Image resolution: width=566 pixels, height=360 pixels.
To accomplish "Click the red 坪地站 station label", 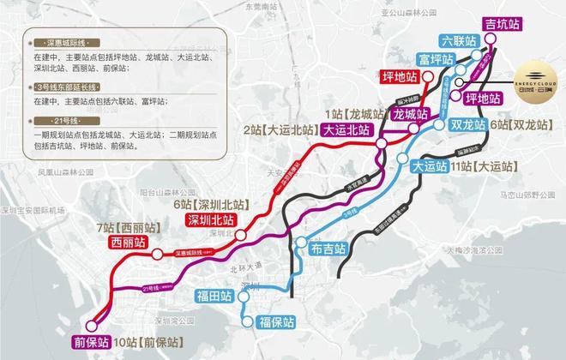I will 401,78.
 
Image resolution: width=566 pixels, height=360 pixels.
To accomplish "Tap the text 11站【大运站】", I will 479,165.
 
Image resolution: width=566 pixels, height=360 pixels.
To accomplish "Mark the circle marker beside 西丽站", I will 157,254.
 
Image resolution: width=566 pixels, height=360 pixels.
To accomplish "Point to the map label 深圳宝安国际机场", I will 34,209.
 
